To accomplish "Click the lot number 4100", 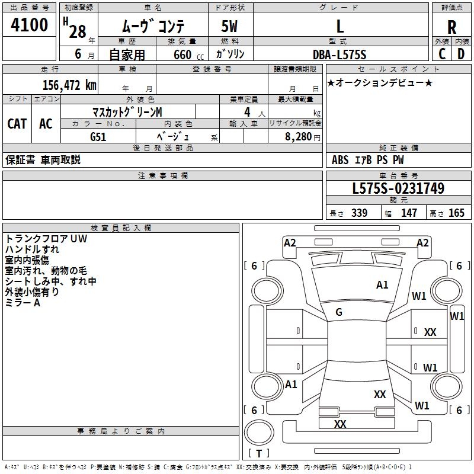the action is point(30,25).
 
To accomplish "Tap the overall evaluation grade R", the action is point(452,27).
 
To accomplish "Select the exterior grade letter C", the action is point(441,53).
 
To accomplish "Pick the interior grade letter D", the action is point(461,53).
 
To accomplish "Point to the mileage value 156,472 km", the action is point(69,85).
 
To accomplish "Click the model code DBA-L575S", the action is point(340,55).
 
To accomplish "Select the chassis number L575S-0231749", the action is point(398,189).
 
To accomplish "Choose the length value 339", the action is point(359,213).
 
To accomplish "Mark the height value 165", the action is point(456,213).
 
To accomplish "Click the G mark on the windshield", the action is point(339,312).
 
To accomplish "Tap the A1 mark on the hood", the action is point(382,285).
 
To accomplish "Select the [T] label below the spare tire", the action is point(258,453).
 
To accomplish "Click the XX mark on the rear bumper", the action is point(340,424).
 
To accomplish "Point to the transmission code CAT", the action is point(17,124).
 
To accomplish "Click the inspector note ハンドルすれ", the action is point(32,249).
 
